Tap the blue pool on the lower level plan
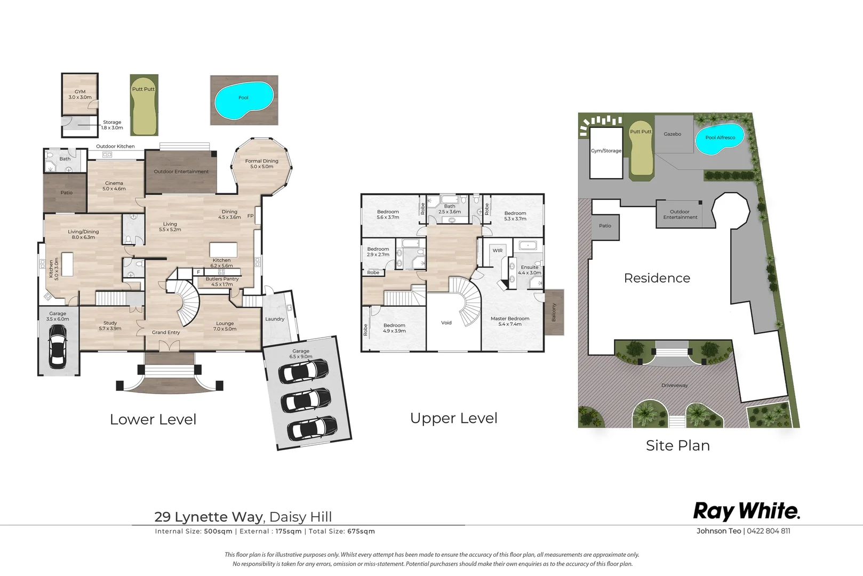coord(244,101)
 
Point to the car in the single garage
coord(58,346)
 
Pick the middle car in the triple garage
coord(306,401)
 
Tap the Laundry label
coord(275,319)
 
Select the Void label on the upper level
coord(446,323)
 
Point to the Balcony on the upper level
coord(554,313)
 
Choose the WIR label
coord(498,251)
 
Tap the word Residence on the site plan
coord(657,278)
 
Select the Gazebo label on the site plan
coord(672,134)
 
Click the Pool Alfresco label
coord(720,138)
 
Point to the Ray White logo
coord(746,512)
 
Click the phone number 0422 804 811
coord(768,531)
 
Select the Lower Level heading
coord(153,420)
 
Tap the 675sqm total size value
coord(361,531)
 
